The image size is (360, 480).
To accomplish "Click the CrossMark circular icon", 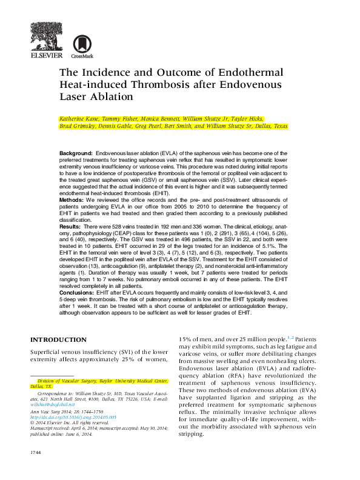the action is click(79, 44).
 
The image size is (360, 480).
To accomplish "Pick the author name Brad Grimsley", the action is click(79, 127).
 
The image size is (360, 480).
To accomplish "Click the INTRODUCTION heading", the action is click(58, 340).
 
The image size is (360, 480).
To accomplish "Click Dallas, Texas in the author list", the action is click(272, 127).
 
